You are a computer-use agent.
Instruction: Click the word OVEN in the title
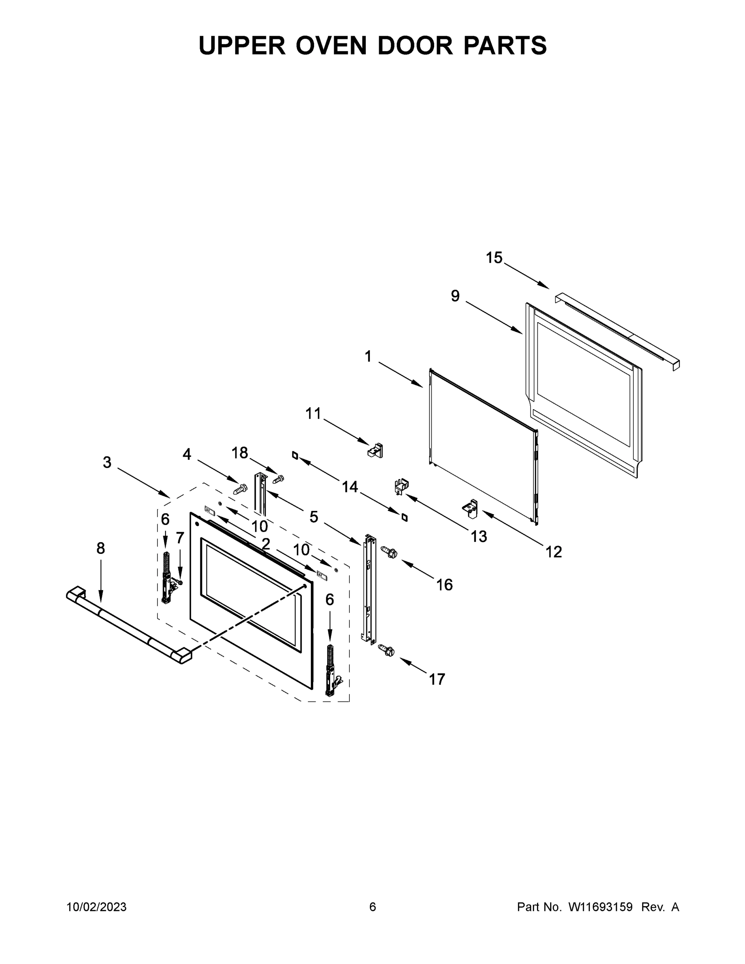331,45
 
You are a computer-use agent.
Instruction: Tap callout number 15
494,258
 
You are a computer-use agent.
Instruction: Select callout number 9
455,296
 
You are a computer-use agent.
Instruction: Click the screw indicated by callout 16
389,552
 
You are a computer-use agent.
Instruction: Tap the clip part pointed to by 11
376,451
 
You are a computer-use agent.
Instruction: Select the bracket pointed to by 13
401,486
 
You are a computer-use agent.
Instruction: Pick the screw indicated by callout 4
241,488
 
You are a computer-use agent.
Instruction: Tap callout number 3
107,463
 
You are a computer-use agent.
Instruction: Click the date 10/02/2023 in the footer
97,907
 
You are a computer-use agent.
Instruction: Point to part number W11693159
600,907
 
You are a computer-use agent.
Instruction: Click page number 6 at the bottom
373,907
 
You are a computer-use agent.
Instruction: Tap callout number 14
350,487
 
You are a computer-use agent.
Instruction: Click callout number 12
553,552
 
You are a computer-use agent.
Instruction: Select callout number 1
368,356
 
